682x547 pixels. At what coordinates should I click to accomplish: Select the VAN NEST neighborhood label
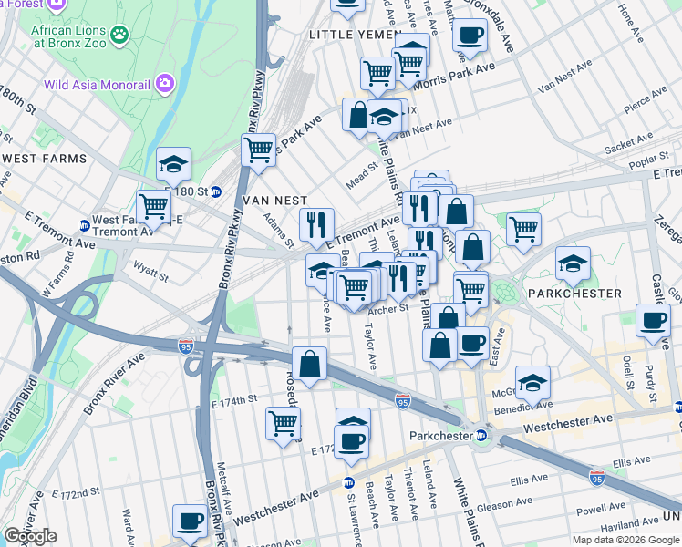point(274,200)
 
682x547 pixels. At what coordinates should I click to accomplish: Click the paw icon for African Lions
point(120,36)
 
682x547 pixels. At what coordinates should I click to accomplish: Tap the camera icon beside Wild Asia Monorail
point(165,85)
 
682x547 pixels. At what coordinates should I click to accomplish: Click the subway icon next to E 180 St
point(216,191)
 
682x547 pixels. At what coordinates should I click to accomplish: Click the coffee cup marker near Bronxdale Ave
point(470,36)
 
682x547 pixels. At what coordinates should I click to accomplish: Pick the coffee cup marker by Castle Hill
point(653,321)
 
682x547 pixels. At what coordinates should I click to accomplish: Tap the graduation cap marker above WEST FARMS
point(173,164)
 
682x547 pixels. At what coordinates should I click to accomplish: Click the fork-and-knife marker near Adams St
point(317,222)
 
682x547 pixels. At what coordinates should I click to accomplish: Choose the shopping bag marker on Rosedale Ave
point(310,362)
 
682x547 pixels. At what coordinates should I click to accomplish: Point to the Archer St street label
point(387,309)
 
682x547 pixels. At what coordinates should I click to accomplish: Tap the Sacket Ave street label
point(629,141)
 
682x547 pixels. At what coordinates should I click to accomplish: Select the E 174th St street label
point(234,400)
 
